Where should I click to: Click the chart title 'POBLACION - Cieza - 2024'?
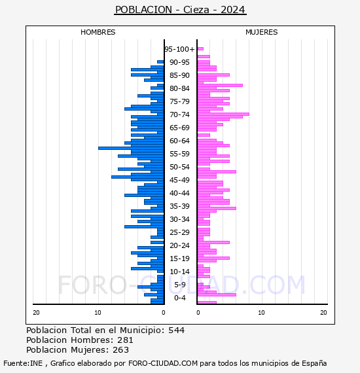pyautogui.click(x=180, y=10)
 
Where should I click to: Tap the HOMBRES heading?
pyautogui.click(x=98, y=32)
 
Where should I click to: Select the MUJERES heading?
pyautogui.click(x=262, y=32)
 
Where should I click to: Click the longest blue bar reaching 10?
pyautogui.click(x=131, y=148)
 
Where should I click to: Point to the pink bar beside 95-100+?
pyautogui.click(x=200, y=49)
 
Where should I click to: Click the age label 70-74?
pyautogui.click(x=179, y=115)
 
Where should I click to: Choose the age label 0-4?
pyautogui.click(x=179, y=298)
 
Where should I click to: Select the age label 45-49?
pyautogui.click(x=179, y=180)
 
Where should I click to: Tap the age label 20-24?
pyautogui.click(x=179, y=245)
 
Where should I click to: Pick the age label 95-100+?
pyautogui.click(x=179, y=49)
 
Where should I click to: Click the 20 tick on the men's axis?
pyautogui.click(x=36, y=313)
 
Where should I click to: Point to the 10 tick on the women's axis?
pyautogui.click(x=261, y=313)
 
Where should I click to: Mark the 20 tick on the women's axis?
pyautogui.click(x=323, y=313)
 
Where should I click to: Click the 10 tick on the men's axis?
pyautogui.click(x=98, y=313)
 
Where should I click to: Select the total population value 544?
pyautogui.click(x=176, y=330)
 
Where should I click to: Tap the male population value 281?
pyautogui.click(x=125, y=340)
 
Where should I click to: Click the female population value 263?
pyautogui.click(x=121, y=350)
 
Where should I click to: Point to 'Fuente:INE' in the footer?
pyautogui.click(x=23, y=363)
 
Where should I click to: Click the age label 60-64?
pyautogui.click(x=179, y=141)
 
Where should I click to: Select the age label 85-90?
pyautogui.click(x=179, y=75)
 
